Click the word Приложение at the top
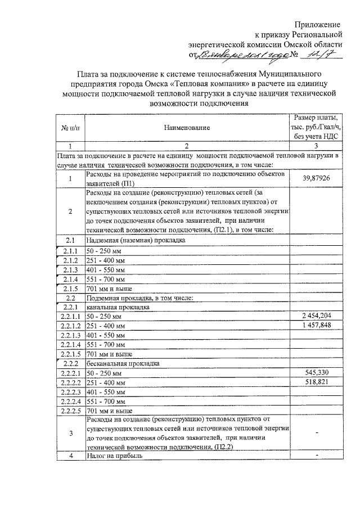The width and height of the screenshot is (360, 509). tap(319, 25)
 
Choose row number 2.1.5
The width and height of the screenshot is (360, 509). tap(70, 288)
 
